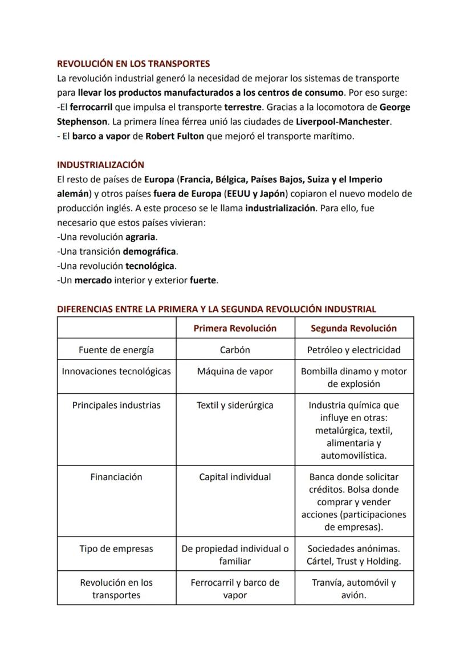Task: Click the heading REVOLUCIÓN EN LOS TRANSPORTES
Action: click(133, 63)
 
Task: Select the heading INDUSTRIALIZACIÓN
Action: click(100, 165)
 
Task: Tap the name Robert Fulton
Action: click(174, 136)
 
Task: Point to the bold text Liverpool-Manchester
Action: click(343, 121)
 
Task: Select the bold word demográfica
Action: click(150, 251)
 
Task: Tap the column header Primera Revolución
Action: click(235, 328)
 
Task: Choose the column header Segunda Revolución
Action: click(353, 328)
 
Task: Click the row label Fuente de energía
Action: click(116, 350)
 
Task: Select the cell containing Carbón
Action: click(235, 350)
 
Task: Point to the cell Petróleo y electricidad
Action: click(353, 350)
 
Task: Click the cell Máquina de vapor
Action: click(235, 371)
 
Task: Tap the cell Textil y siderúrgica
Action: click(235, 406)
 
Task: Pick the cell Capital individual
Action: click(235, 477)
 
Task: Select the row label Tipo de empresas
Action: click(116, 549)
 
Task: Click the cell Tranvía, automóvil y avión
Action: click(353, 589)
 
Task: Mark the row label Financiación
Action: click(116, 477)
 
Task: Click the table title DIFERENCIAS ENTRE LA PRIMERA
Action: click(217, 309)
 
